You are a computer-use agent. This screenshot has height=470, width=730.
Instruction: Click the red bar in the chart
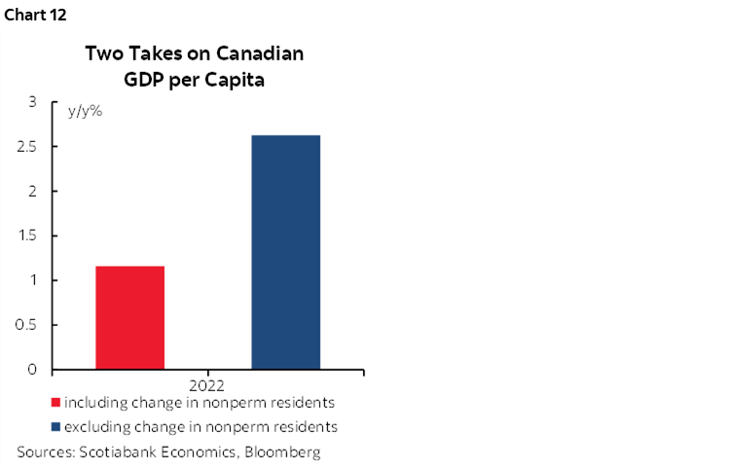pos(129,317)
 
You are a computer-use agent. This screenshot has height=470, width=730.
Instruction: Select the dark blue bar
pos(286,252)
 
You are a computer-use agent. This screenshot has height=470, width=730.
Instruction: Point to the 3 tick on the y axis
pos(32,102)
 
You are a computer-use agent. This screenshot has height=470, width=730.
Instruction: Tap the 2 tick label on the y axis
pos(32,192)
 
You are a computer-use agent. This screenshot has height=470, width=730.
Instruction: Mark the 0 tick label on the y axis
pos(32,370)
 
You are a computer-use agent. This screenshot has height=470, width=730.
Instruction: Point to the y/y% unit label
pos(85,111)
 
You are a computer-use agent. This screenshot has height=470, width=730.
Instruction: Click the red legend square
pos(55,402)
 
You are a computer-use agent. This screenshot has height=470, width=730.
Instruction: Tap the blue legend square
pos(55,426)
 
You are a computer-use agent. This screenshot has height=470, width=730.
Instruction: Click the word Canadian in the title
pos(257,54)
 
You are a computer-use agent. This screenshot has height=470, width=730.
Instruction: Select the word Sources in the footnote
pos(43,452)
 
